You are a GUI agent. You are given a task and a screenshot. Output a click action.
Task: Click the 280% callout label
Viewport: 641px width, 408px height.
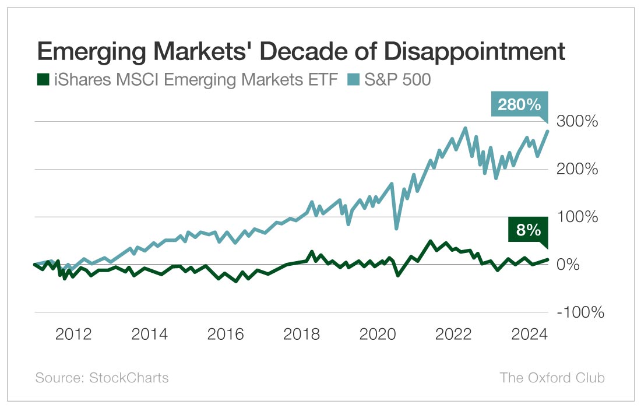pos(519,105)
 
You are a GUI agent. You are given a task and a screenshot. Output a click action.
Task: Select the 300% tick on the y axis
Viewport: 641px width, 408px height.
pos(577,122)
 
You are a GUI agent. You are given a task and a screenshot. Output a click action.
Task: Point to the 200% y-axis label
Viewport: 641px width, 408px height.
pos(577,170)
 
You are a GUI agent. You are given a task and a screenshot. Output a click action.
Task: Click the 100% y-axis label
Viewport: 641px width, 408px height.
pos(577,217)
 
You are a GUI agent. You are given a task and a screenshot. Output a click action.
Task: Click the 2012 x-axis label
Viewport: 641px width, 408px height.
pos(73,335)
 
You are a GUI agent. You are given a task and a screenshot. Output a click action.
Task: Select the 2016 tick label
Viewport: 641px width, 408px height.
pos(226,335)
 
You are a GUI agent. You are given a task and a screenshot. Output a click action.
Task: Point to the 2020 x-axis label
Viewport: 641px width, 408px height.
pos(378,335)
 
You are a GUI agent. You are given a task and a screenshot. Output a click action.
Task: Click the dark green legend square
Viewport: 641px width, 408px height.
pos(42,79)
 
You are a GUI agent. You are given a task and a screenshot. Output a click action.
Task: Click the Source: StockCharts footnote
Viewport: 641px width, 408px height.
pos(102,378)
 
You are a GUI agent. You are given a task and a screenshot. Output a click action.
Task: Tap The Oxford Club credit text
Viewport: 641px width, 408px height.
pos(552,378)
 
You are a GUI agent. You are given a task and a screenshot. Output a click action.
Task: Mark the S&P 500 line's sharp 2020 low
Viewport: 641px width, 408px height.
pos(397,228)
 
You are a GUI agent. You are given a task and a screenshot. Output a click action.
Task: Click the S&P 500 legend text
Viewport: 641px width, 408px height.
pos(397,79)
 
